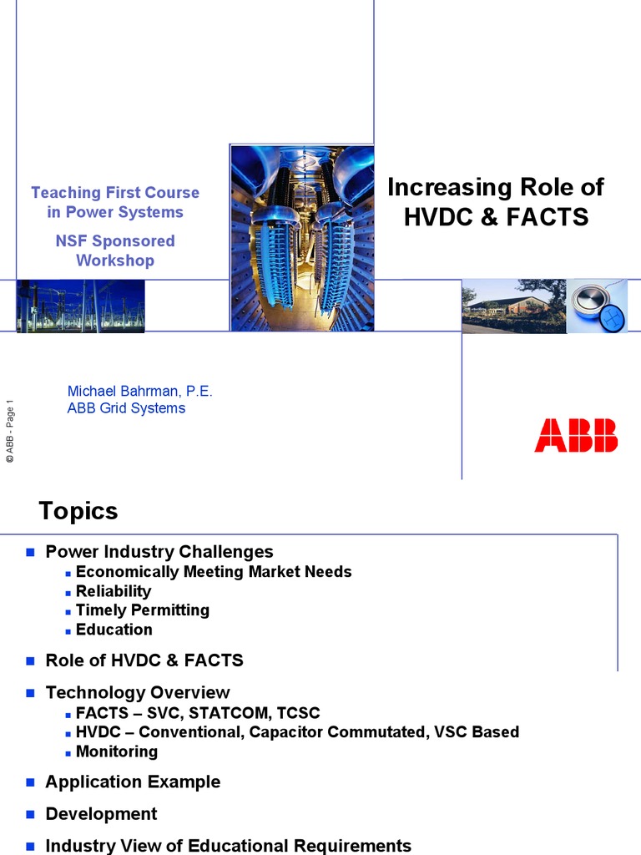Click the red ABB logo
(576, 435)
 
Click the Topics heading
(78, 511)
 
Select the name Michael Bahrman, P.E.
(139, 391)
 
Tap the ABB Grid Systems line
(126, 408)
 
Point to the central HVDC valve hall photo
(301, 238)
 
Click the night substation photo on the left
(80, 306)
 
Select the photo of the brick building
(513, 306)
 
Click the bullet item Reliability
(114, 591)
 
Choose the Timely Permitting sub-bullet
(142, 610)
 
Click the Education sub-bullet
(114, 630)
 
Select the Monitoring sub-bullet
(116, 751)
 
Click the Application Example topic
(133, 782)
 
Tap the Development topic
(101, 814)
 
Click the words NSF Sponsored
(115, 241)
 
